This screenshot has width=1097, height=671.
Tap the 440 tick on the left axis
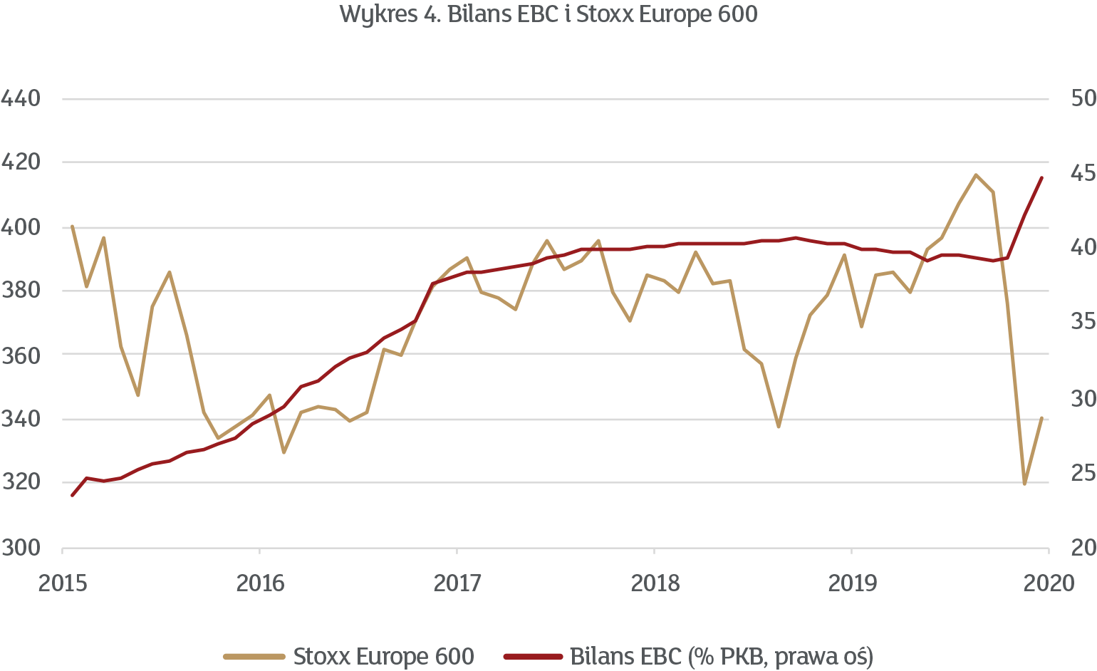21,98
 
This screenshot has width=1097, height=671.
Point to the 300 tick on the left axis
21,548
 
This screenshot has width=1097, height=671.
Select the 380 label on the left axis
21,291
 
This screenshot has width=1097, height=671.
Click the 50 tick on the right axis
1083,98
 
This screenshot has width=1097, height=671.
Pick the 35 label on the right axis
1083,323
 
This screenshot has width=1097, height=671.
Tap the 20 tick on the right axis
1083,548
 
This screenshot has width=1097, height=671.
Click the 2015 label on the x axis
63,583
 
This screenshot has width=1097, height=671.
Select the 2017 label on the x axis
457,583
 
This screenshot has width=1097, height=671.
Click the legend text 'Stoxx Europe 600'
383,656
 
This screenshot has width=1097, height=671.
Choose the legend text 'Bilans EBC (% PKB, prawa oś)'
722,656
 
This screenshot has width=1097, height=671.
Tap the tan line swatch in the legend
254,656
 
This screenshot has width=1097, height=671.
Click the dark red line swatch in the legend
533,656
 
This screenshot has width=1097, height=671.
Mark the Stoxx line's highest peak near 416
975,175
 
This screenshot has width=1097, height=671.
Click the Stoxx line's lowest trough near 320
1025,484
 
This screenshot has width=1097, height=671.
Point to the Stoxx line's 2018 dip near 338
779,427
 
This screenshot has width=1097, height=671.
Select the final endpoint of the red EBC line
1042,177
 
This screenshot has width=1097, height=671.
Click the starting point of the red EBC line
72,495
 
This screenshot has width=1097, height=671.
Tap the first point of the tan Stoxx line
72,227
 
